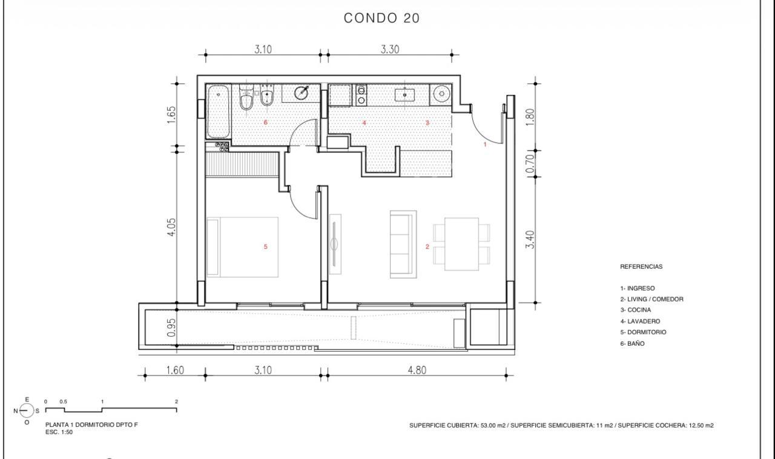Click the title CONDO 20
point(381,18)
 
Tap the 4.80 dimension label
point(417,370)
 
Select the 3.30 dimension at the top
point(390,49)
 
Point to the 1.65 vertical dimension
point(171,115)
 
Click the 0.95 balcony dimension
point(171,328)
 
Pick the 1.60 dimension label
point(175,370)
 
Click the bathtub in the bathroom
point(218,112)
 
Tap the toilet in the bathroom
point(246,97)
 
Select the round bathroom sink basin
point(302,93)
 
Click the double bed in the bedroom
point(243,247)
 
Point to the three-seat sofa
point(403,245)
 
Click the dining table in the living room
point(461,244)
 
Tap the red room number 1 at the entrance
point(485,144)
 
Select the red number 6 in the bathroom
point(265,122)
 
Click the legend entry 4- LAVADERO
point(640,321)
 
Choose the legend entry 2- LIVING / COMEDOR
point(652,299)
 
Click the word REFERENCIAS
point(641,266)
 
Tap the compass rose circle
point(27,411)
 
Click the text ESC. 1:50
point(59,432)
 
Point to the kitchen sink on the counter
point(404,94)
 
